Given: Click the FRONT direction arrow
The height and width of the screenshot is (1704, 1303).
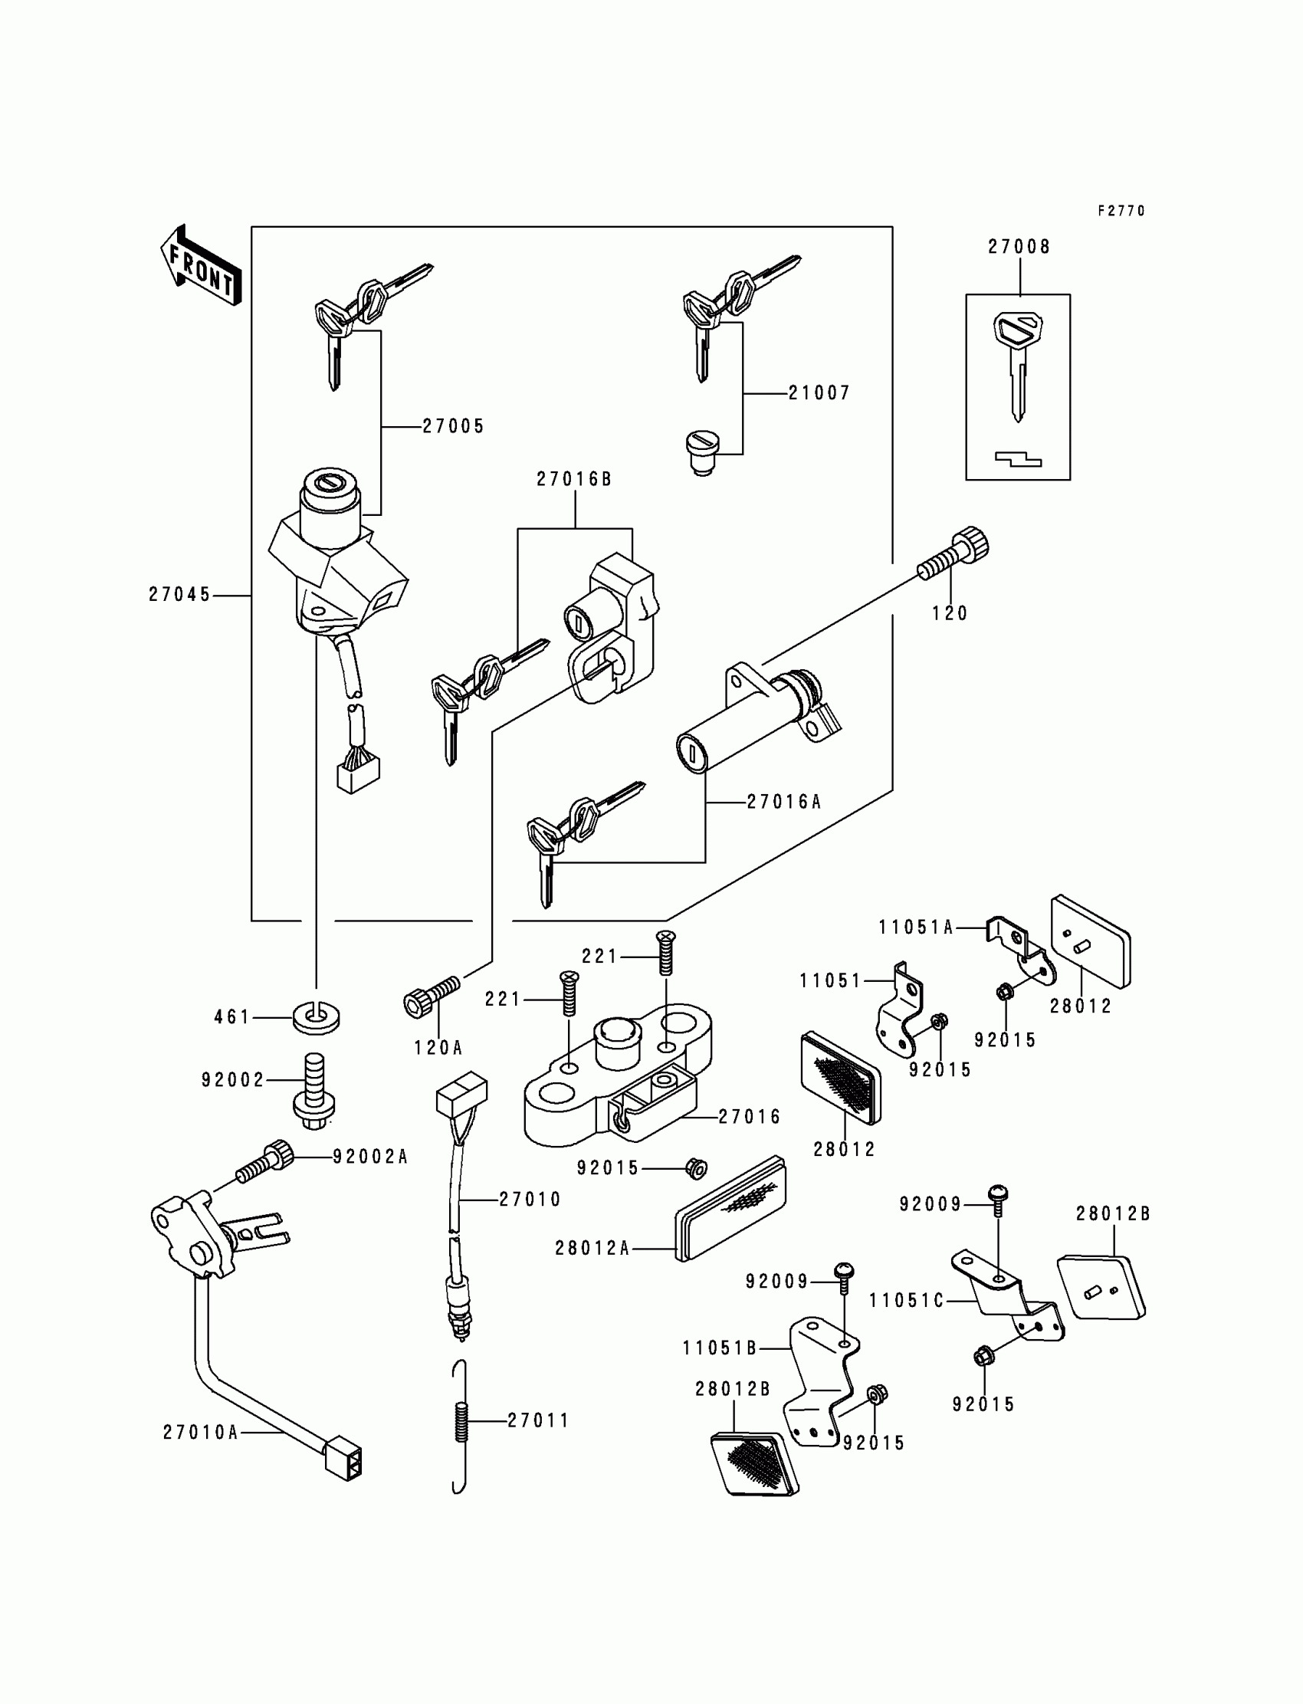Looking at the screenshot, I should click(201, 265).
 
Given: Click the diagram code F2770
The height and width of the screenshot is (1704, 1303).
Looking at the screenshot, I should click(1121, 211).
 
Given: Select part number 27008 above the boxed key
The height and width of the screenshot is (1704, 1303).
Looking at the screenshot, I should click(1019, 247).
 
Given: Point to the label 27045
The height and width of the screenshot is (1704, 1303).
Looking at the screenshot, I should click(180, 595).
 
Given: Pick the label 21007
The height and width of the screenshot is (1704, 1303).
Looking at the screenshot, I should click(820, 393).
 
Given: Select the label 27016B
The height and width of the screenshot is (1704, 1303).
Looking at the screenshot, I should click(575, 479).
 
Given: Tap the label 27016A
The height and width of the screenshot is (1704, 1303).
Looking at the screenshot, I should click(784, 802).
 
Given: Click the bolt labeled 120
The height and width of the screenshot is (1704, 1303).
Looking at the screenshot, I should click(954, 553).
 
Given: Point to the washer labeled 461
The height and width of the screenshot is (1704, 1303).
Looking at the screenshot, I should click(317, 1017).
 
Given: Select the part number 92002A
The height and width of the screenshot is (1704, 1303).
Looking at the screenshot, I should click(370, 1157).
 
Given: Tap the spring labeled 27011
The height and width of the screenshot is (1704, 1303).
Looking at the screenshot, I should click(461, 1421).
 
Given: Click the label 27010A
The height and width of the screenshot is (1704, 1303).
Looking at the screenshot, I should click(200, 1433).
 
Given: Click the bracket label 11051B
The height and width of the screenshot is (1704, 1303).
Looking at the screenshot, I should click(720, 1348).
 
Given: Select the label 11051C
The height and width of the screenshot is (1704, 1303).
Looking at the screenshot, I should click(906, 1300).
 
